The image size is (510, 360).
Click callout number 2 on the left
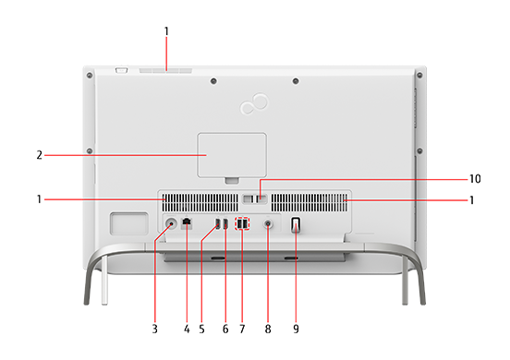(40, 155)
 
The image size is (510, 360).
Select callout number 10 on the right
(475, 179)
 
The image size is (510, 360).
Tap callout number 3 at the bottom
(155, 329)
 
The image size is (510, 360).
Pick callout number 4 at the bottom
(187, 329)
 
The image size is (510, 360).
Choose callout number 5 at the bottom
(201, 329)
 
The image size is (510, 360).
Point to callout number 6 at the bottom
(225, 329)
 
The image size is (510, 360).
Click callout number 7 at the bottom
(242, 329)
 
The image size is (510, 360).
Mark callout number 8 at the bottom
(268, 329)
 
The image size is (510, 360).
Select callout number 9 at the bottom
(296, 329)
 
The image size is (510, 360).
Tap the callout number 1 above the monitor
(166, 31)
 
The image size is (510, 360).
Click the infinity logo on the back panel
(254, 103)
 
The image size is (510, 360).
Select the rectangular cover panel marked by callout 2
(232, 155)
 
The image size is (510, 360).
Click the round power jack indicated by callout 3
(171, 223)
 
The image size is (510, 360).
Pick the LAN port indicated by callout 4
(187, 222)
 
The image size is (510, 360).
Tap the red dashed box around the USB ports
(242, 223)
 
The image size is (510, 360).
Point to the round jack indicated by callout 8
(268, 224)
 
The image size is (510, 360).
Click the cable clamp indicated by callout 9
(296, 225)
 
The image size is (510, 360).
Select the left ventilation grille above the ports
(200, 203)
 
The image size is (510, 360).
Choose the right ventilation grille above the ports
(310, 203)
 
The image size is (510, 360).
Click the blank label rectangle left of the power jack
(128, 223)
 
